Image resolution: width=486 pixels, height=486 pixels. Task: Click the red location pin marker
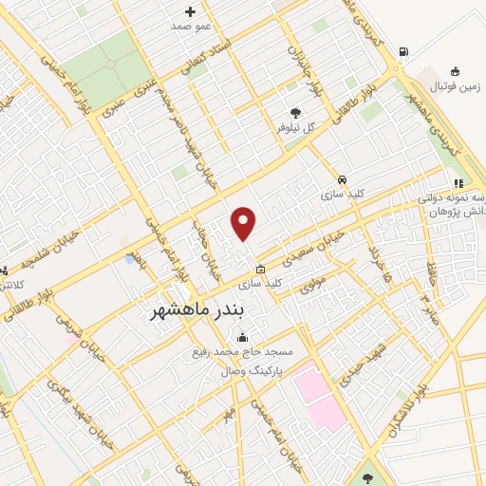(x=244, y=223)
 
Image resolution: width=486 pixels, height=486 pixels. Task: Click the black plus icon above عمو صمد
(x=190, y=11)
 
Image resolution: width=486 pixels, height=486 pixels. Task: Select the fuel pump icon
(x=405, y=52)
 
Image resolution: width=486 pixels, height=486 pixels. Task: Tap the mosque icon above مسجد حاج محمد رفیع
(x=243, y=337)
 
